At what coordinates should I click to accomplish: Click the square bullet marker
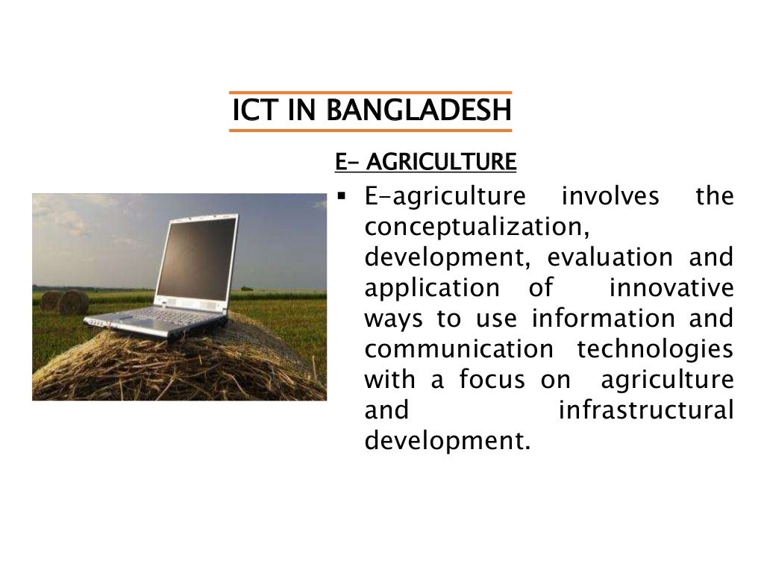point(341,198)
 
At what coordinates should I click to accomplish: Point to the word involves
point(610,196)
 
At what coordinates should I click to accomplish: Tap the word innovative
point(671,288)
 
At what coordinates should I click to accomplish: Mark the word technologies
point(655,349)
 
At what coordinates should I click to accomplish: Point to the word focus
point(492,380)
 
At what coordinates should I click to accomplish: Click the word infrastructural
point(646,410)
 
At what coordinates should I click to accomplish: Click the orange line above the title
point(371,93)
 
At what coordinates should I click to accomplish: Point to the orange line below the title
point(371,131)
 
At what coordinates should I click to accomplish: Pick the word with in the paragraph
point(391,380)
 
